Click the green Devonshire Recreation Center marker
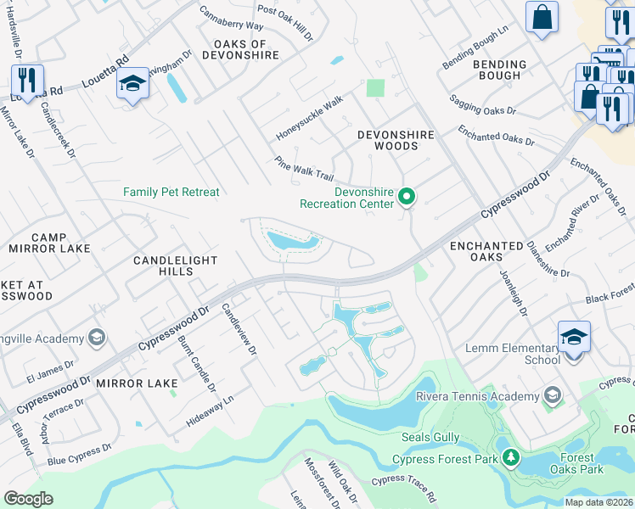(x=407, y=198)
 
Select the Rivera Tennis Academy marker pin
(x=553, y=396)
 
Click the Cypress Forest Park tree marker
(x=510, y=459)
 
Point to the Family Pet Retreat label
(x=171, y=193)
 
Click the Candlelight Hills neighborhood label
(x=174, y=266)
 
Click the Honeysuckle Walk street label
(x=310, y=119)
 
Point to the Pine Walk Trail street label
(x=304, y=168)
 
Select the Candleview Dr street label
(x=237, y=330)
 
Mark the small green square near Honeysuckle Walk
(x=374, y=87)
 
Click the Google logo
(x=28, y=498)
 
